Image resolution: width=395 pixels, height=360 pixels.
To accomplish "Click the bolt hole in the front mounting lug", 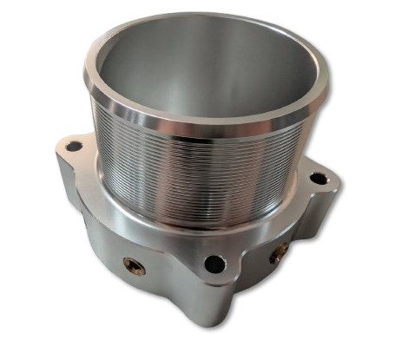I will click(x=212, y=263).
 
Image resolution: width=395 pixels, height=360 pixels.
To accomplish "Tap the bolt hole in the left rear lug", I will click(x=73, y=147).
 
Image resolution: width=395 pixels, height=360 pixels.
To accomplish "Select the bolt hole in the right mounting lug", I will click(x=319, y=179).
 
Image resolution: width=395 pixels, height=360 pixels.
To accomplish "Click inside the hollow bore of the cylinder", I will click(x=200, y=78).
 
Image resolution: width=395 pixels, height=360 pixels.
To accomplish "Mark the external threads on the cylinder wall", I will click(x=200, y=173).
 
